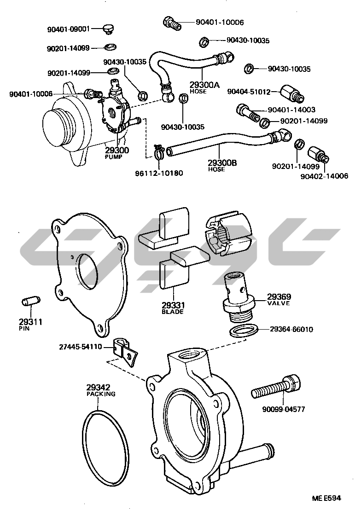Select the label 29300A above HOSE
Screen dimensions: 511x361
point(204,85)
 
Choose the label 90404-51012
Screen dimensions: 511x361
point(249,92)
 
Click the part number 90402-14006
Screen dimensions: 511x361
point(324,175)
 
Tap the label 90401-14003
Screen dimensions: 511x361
point(291,110)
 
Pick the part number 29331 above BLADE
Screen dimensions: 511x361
point(173,305)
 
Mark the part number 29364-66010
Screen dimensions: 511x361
point(291,329)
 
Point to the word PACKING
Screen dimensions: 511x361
point(101,394)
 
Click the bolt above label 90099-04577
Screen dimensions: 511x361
point(277,388)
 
